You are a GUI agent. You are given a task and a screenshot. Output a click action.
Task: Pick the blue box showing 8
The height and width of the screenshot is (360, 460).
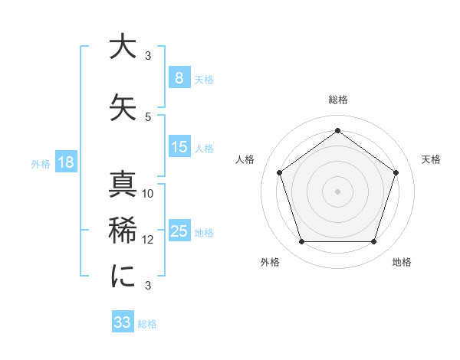(x=179, y=78)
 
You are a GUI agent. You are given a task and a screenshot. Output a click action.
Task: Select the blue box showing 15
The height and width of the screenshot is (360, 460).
(x=179, y=147)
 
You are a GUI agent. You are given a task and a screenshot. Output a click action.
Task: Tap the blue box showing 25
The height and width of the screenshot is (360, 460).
(x=179, y=231)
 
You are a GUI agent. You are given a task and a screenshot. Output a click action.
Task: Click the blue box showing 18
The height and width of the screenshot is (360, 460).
(x=65, y=163)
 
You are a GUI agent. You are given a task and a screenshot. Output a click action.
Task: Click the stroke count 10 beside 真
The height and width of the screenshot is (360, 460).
(x=148, y=194)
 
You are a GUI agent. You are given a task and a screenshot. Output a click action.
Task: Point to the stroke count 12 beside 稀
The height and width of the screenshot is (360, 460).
(x=148, y=239)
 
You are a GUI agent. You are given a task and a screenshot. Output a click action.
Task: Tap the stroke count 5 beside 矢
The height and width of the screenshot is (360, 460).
(x=148, y=116)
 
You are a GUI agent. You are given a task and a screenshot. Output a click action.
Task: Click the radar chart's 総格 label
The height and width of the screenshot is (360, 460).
(x=338, y=100)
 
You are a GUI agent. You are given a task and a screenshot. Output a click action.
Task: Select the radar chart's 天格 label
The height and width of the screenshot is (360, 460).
(x=432, y=159)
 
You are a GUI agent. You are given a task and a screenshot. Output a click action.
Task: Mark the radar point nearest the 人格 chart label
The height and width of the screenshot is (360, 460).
(x=280, y=172)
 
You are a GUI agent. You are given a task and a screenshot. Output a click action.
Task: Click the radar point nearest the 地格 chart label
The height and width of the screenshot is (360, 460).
(x=373, y=242)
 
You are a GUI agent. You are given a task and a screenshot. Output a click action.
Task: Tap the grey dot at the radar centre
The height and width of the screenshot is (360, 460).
(x=337, y=191)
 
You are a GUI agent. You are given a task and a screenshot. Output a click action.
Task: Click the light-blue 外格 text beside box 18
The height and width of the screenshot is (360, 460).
(x=40, y=164)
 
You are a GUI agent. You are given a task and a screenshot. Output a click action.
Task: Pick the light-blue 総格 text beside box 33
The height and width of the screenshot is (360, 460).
(x=147, y=323)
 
